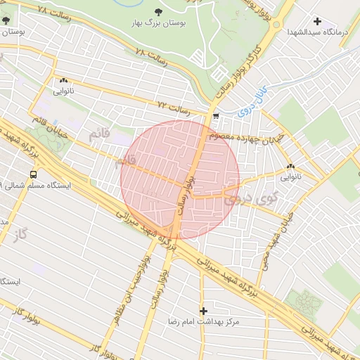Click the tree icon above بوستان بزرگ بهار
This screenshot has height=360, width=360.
coord(157,12)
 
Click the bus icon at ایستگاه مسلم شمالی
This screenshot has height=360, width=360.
coord(33,174)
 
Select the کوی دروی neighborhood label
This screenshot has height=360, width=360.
coord(250,200)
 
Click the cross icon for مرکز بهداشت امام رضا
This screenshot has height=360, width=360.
coord(204,310)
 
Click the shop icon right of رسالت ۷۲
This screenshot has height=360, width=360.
coord(215,116)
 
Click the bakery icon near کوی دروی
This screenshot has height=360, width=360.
coord(290,167)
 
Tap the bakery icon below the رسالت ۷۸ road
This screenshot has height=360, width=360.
coord(63,81)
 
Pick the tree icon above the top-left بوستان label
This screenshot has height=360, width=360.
coord(6,21)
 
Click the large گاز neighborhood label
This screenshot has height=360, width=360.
coord(25,231)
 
